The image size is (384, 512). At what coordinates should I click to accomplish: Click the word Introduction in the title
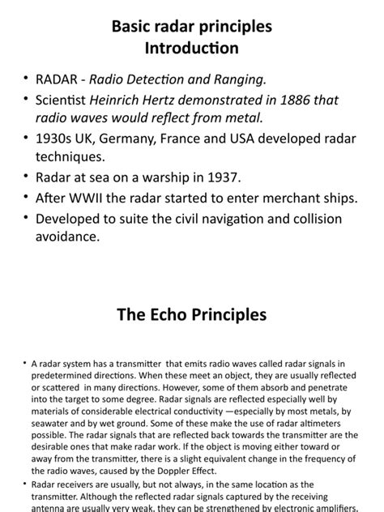pyautogui.click(x=191, y=49)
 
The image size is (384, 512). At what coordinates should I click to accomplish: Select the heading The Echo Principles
pyautogui.click(x=192, y=314)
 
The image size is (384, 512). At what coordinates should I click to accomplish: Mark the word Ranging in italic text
pyautogui.click(x=246, y=79)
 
